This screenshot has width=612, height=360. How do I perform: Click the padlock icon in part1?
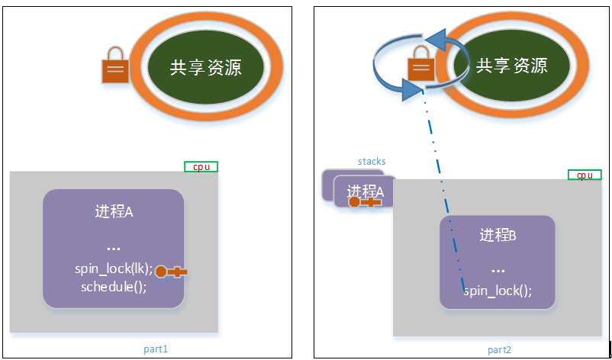pos(115,65)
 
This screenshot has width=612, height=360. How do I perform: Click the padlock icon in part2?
pos(420,63)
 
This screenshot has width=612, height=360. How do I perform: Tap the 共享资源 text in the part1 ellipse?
pos(206,67)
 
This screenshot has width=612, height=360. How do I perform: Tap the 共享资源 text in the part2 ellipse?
pos(511,65)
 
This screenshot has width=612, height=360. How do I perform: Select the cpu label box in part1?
pos(201,166)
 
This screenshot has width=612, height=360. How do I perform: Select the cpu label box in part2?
pos(585,175)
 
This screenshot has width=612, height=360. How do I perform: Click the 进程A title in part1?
pos(114,212)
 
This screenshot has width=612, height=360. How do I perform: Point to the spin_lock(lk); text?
pos(114,269)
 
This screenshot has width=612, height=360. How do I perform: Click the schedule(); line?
pos(114,287)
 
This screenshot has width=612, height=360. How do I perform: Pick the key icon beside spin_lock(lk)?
pos(172,272)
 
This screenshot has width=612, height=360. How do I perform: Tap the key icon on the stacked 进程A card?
pos(365,202)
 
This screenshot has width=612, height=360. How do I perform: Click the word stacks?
pos(372,162)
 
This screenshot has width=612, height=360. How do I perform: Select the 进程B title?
pos(498,236)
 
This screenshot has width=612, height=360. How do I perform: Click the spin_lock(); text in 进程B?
pos(498,291)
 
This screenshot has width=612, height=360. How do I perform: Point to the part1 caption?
pos(156,349)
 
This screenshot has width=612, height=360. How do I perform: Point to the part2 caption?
pos(499,349)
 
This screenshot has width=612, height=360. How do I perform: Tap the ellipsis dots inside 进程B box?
pos(498,270)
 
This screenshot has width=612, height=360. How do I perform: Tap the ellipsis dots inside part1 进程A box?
pos(114,248)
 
